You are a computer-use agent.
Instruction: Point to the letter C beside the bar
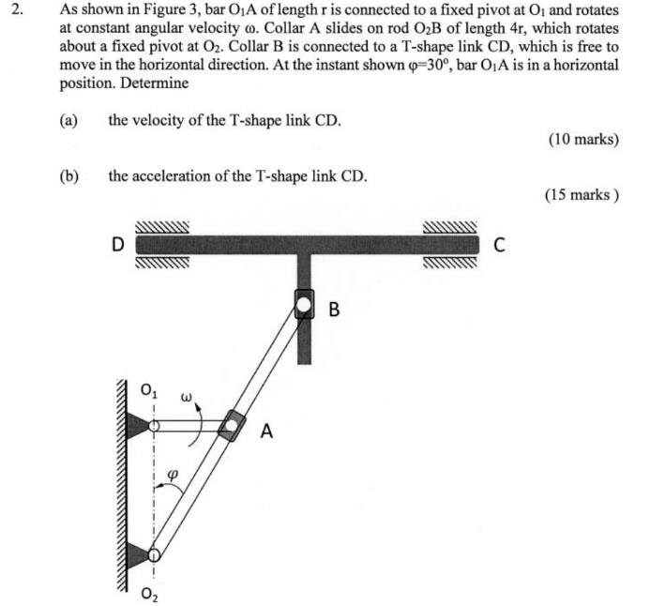[x=500, y=247]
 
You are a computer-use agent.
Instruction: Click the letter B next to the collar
[x=335, y=309]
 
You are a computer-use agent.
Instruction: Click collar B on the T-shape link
[x=305, y=304]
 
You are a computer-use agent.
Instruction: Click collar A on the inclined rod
[x=229, y=427]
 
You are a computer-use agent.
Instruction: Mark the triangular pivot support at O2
[x=138, y=554]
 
